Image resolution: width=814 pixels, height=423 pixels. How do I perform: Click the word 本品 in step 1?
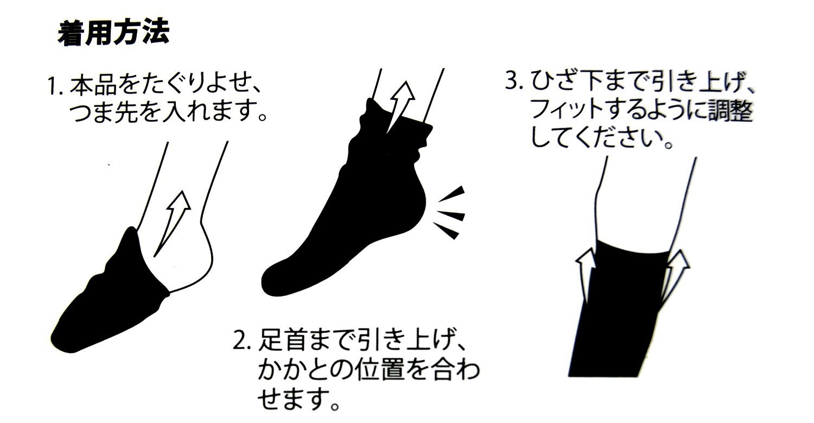point(93,87)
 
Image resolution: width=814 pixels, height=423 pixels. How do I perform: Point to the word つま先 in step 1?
point(104,112)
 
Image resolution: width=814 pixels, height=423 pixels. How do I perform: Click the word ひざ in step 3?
point(552,81)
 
